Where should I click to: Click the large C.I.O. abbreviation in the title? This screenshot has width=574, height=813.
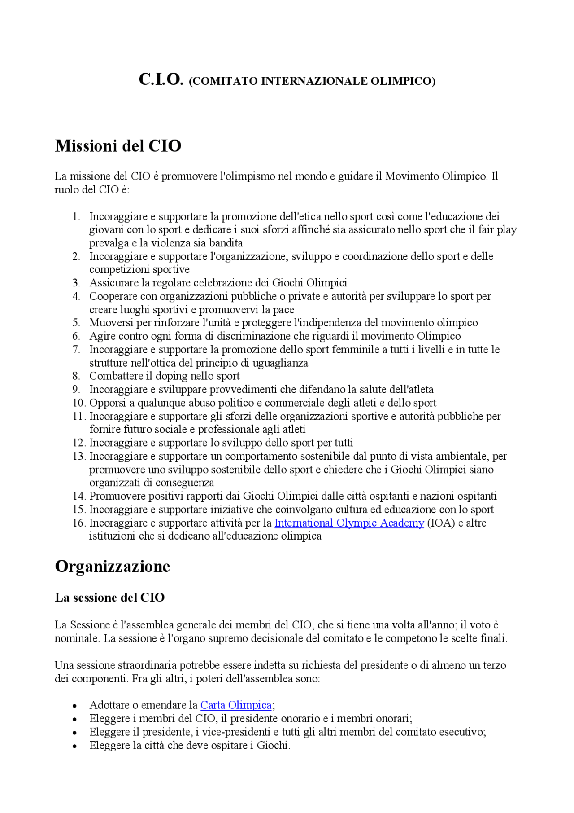[161, 79]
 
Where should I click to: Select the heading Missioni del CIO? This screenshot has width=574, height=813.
[118, 146]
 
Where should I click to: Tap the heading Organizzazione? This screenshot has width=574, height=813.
[113, 567]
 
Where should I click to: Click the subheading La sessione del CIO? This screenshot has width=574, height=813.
[109, 598]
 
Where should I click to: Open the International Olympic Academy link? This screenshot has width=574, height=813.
[349, 523]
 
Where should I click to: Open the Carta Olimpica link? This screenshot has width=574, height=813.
[236, 705]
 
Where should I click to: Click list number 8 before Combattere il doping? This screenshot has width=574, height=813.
[76, 376]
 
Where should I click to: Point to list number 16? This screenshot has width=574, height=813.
[78, 523]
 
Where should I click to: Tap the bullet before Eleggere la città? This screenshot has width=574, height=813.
[74, 747]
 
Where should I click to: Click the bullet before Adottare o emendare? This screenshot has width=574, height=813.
[74, 706]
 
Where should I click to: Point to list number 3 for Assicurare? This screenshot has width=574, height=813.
[76, 283]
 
